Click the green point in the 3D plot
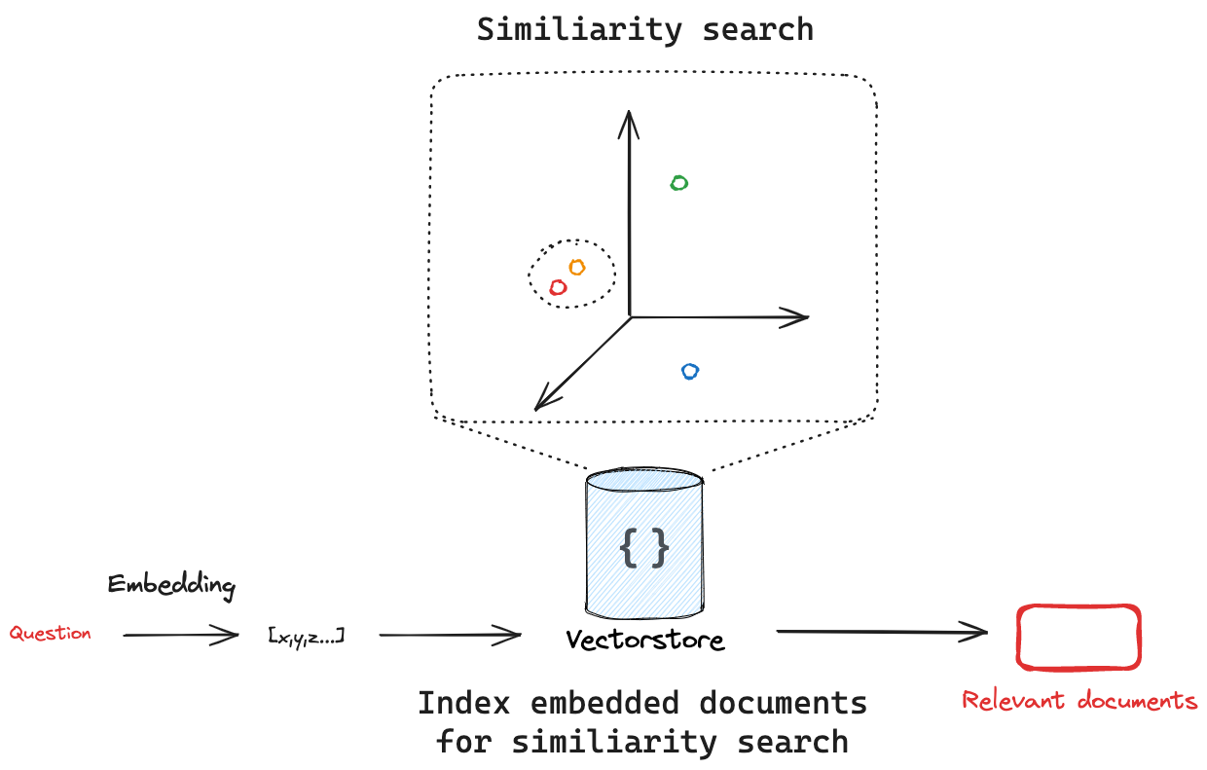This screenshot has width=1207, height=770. pos(679,182)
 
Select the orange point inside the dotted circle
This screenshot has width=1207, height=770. pos(576,267)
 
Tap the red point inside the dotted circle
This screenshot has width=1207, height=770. pos(558,287)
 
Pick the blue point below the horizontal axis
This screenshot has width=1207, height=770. pos(690,371)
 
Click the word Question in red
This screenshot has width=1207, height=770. pos(51,633)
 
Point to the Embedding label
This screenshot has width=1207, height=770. pos(171,585)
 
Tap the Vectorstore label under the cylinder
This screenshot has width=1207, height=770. pos(645,641)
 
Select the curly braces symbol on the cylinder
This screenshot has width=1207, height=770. pos(644,548)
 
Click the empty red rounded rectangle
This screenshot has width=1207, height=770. pos(1078,637)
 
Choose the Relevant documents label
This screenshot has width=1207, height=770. pos(1079,700)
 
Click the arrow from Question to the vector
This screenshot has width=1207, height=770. pos(181,636)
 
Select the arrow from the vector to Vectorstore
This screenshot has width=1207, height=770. pos(450,636)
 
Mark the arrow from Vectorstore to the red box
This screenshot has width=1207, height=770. pos(881,632)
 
